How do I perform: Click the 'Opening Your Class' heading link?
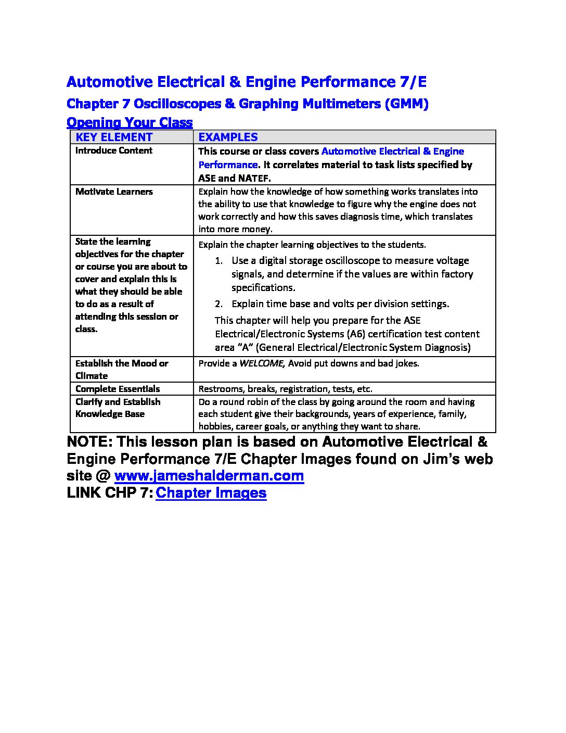tap(130, 123)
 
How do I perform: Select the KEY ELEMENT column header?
tap(114, 137)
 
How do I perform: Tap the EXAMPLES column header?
tap(228, 137)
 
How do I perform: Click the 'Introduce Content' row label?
tap(114, 151)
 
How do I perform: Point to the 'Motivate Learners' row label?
tap(114, 192)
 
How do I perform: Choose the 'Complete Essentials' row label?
tap(118, 389)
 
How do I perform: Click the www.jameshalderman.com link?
tap(209, 476)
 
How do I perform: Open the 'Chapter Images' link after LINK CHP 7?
tap(211, 493)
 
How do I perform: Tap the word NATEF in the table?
tap(254, 178)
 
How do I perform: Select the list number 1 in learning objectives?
tap(218, 261)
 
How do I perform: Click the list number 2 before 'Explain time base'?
tap(218, 304)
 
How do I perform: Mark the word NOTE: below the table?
tap(89, 442)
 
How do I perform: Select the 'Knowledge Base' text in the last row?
tap(110, 414)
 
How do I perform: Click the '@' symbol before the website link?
tap(103, 476)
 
